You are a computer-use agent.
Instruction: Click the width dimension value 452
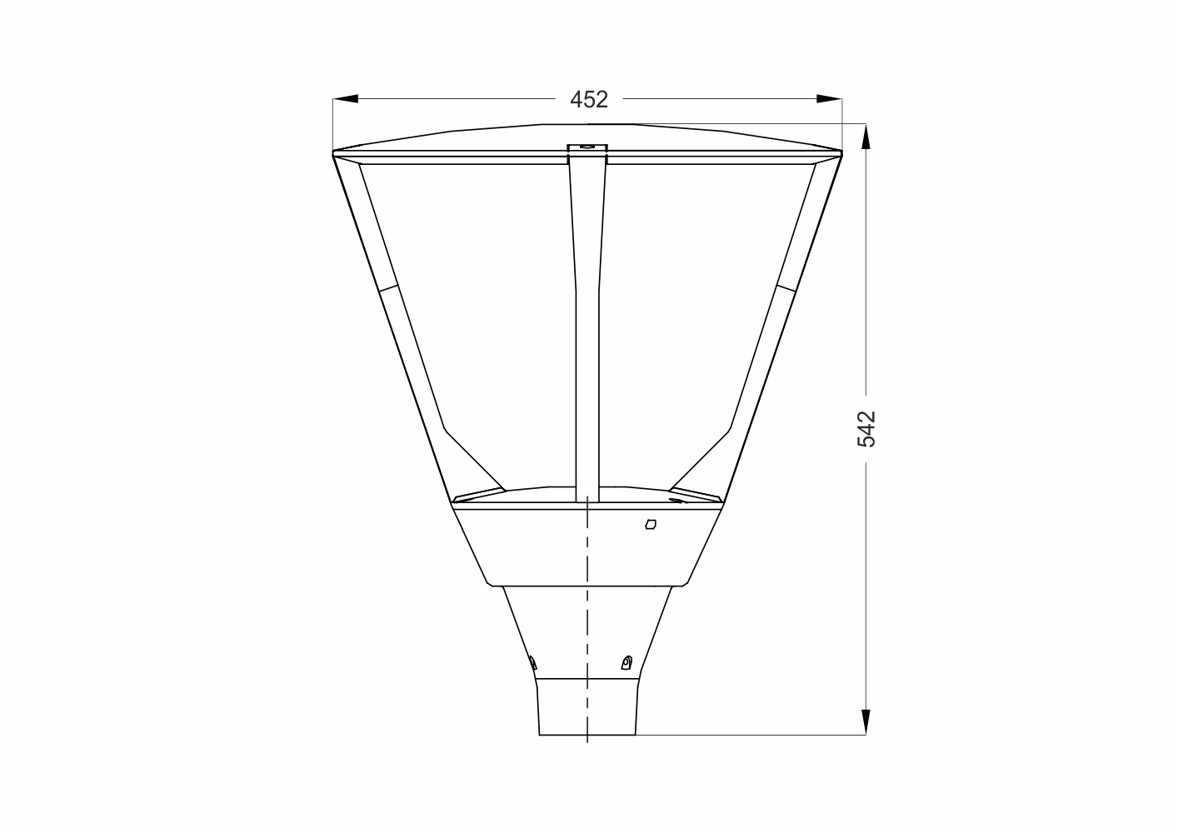pos(589,99)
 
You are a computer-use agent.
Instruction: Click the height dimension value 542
pos(866,429)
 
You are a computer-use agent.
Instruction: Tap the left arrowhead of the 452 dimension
pos(346,98)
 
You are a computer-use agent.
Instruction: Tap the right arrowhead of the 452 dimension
pos(829,98)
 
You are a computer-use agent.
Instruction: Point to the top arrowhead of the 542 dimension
pos(866,137)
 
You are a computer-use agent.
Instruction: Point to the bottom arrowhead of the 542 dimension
pos(866,722)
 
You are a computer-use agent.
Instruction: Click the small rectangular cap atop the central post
pos(587,150)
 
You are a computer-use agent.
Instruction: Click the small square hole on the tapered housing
pos(651,524)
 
